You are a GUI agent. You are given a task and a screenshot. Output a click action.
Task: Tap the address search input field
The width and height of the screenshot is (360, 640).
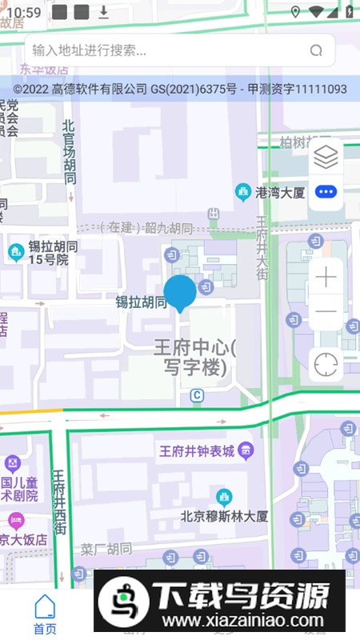click(160, 50)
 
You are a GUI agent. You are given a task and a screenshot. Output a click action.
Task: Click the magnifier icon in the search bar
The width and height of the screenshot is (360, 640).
click(316, 50)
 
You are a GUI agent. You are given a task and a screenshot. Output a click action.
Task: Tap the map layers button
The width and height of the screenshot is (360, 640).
click(326, 158)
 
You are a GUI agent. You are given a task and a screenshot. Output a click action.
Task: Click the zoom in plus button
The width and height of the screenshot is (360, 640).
click(326, 278)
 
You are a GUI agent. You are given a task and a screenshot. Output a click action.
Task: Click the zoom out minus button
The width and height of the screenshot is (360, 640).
click(326, 311)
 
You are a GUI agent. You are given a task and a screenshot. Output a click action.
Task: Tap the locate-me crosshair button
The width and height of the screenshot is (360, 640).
click(326, 365)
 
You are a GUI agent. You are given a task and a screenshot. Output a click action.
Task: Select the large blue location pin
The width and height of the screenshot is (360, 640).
click(180, 293)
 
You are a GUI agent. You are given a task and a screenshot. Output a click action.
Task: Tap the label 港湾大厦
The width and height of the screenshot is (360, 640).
click(280, 193)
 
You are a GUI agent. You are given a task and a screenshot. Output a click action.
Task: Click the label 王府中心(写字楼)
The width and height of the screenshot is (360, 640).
click(195, 358)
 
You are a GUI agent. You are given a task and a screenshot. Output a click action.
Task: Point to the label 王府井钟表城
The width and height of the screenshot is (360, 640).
click(197, 452)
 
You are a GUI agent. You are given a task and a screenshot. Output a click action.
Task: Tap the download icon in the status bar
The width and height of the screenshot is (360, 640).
click(103, 12)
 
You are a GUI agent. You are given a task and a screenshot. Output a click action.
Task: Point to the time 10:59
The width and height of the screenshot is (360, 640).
click(27, 12)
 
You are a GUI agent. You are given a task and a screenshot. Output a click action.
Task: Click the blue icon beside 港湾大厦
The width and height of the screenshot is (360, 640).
click(243, 193)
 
